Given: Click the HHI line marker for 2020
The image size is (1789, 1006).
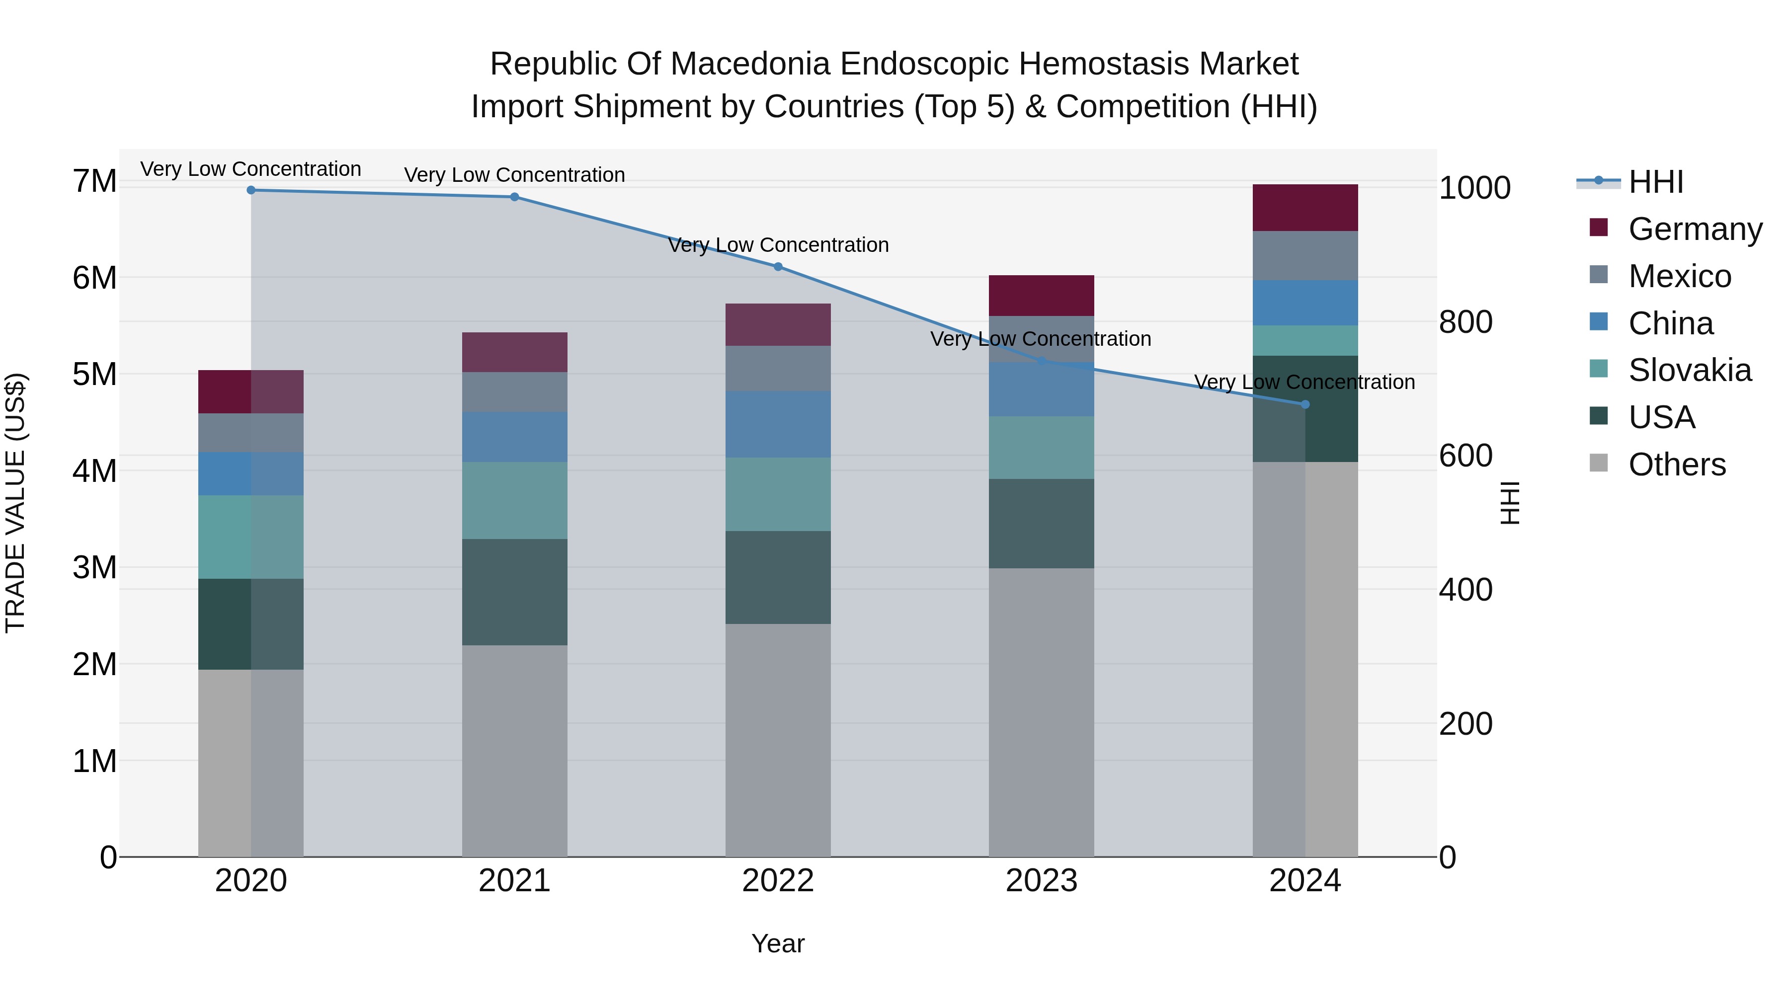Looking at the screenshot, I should (x=251, y=190).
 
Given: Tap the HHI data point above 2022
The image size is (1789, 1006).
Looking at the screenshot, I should (x=778, y=267).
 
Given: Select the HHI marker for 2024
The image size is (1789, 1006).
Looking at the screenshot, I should (x=1304, y=404).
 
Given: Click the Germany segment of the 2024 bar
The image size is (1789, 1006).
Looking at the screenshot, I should (x=1304, y=208).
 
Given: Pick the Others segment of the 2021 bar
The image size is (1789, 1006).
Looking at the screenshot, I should (x=515, y=750).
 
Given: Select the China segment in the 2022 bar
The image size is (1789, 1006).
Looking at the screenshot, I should (x=778, y=424).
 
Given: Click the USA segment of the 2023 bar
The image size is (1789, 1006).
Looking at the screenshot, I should (x=1041, y=524).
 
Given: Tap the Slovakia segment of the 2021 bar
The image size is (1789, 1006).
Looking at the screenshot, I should (x=515, y=501).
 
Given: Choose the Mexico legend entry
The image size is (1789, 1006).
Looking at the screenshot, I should (x=1679, y=276).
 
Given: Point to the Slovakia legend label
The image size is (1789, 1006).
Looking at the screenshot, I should (x=1689, y=370).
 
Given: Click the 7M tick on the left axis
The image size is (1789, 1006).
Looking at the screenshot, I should (x=94, y=181).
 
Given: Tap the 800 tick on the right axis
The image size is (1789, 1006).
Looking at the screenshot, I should (x=1465, y=322).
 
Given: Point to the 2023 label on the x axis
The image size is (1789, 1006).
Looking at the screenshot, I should (x=1041, y=881).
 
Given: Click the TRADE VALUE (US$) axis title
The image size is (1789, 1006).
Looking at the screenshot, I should (x=15, y=503).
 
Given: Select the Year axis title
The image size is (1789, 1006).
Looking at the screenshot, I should (x=778, y=943).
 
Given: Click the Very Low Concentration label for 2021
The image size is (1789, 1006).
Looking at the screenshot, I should (x=515, y=175).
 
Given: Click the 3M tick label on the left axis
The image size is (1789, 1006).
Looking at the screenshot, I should (x=94, y=568).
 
